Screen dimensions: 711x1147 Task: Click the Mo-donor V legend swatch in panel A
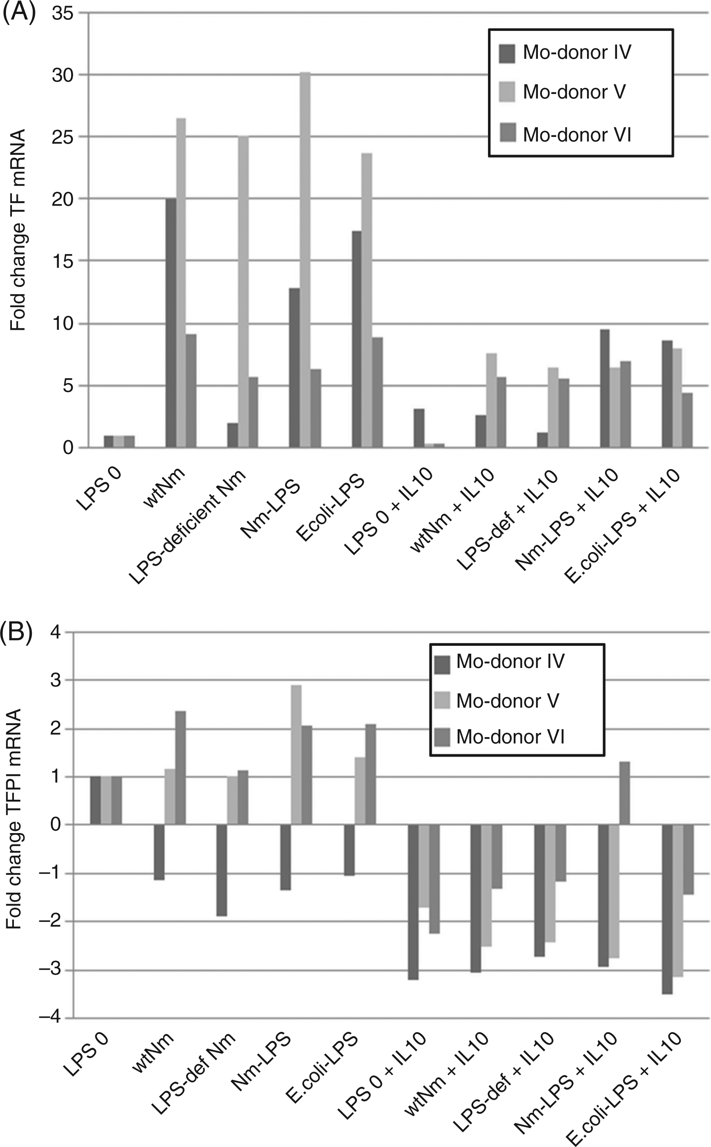(507, 92)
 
